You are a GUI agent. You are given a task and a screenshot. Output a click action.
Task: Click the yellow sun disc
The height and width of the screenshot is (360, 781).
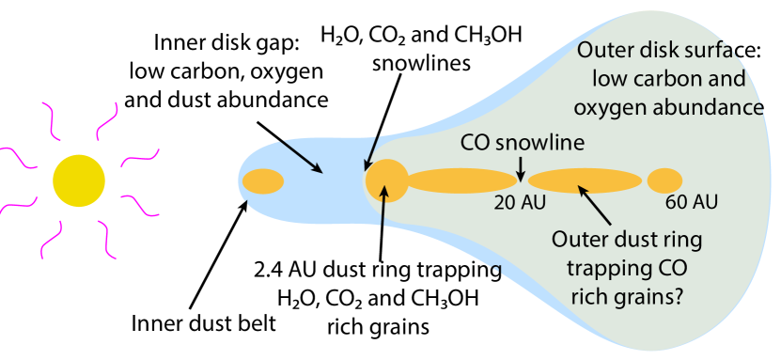tap(79, 180)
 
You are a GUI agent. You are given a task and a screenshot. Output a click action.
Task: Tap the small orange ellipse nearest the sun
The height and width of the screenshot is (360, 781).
tap(262, 180)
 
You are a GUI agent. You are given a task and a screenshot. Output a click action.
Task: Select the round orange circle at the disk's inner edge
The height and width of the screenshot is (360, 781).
tap(386, 180)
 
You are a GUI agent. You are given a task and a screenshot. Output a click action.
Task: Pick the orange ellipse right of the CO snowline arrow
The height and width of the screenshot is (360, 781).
tap(585, 180)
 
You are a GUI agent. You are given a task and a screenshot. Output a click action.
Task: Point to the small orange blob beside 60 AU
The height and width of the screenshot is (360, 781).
tap(664, 180)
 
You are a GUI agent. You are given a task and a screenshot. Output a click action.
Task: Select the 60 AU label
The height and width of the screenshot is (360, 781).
tap(691, 202)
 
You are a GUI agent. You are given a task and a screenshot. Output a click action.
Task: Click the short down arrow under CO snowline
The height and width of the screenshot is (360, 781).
tap(520, 167)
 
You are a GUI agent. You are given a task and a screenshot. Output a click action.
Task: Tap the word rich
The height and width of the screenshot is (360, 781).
tap(589, 296)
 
